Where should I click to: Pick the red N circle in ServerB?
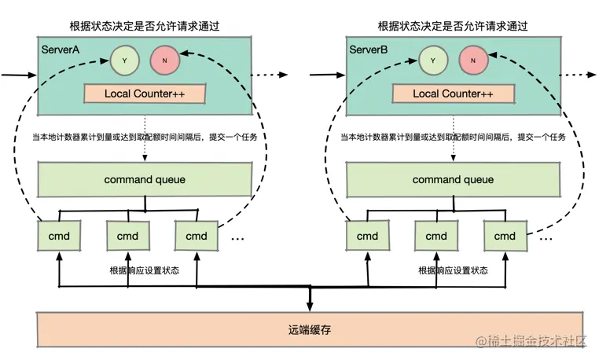click(473, 58)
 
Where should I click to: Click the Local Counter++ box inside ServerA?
click(145, 94)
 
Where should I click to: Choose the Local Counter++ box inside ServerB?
click(452, 94)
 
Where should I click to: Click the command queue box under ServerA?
click(145, 180)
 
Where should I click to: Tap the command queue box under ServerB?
click(452, 180)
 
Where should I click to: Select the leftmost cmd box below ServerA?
click(60, 235)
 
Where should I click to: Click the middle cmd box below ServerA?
click(127, 235)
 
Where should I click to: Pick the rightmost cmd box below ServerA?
click(197, 235)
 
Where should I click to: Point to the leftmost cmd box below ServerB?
click(367, 235)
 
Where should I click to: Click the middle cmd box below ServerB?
click(435, 235)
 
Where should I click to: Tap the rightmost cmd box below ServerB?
click(504, 235)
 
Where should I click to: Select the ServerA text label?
click(62, 50)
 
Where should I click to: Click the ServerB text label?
click(369, 50)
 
